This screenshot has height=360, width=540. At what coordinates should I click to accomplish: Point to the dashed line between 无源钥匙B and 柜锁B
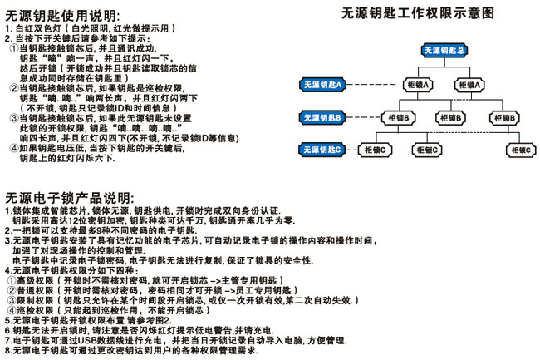click(x=363, y=117)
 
